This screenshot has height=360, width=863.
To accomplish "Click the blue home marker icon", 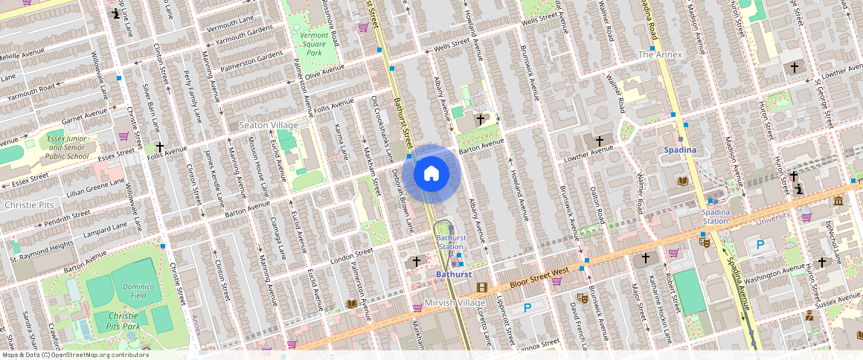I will (x=431, y=174).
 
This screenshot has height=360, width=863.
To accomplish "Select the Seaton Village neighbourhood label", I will (x=268, y=126).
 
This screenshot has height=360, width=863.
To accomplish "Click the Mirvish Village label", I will (x=454, y=303).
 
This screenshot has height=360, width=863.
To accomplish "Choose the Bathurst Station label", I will (x=450, y=242).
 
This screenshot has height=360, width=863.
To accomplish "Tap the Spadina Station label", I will (x=715, y=216).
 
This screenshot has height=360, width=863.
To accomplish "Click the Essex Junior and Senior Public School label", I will (x=67, y=147).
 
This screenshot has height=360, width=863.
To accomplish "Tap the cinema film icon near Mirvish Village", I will (x=482, y=288).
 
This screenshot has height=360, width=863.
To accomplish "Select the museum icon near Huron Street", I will (x=838, y=201).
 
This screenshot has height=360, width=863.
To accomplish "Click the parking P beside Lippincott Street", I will (x=527, y=307).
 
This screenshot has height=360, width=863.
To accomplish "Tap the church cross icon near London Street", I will (x=417, y=261).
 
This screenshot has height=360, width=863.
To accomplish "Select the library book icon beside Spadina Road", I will (x=683, y=181).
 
